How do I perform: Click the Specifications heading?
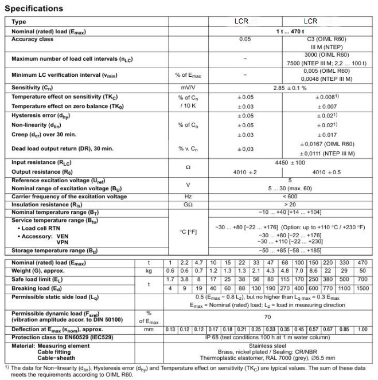tap(34, 9)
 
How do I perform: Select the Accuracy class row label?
tap(33, 40)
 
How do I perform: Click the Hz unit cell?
tap(189, 196)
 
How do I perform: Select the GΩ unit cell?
tap(189, 203)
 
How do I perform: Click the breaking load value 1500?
tap(363, 288)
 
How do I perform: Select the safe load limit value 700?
tap(363, 279)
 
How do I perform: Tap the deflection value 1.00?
tap(363, 329)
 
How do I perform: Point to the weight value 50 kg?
tap(363, 270)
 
